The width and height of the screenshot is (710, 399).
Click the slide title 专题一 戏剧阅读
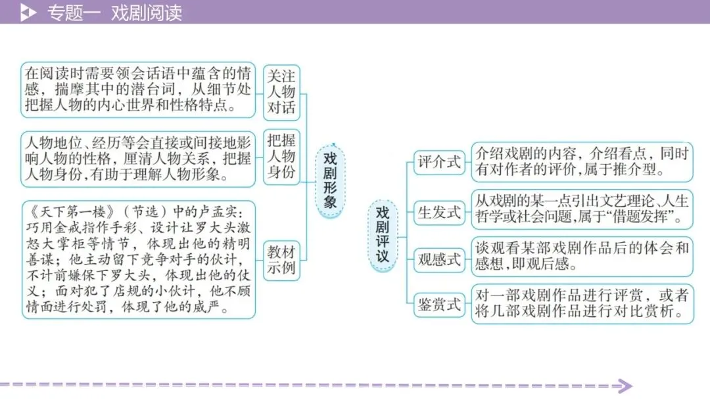pyautogui.click(x=114, y=12)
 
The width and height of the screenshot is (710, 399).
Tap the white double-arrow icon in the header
pyautogui.click(x=28, y=12)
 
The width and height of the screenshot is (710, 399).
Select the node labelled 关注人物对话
pyautogui.click(x=281, y=92)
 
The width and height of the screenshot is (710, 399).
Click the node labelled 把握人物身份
pyautogui.click(x=281, y=156)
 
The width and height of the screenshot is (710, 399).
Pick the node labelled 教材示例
pyautogui.click(x=281, y=259)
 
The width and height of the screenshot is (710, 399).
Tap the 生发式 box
pyautogui.click(x=439, y=211)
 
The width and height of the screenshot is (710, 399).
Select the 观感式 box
pyautogui.click(x=439, y=259)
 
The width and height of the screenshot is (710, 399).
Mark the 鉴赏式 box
pyautogui.click(x=439, y=304)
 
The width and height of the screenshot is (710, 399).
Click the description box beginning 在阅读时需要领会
pyautogui.click(x=137, y=89)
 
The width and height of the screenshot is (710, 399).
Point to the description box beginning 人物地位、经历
pyautogui.click(x=137, y=157)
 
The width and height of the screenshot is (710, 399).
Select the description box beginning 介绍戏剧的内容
pyautogui.click(x=582, y=162)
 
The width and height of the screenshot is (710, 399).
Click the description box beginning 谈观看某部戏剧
pyautogui.click(x=582, y=257)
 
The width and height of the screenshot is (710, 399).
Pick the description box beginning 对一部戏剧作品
pyautogui.click(x=582, y=303)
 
